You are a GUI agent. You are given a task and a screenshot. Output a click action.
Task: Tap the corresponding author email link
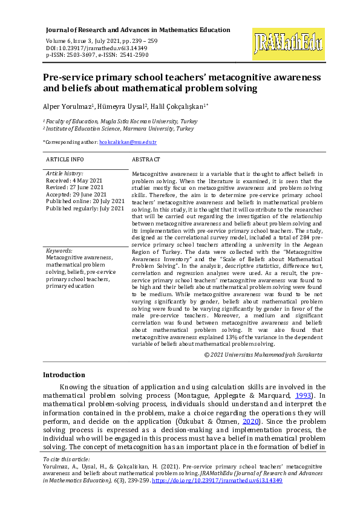pyautogui.click(x=128, y=142)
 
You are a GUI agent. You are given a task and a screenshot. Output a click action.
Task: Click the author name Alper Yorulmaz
pyautogui.click(x=67, y=106)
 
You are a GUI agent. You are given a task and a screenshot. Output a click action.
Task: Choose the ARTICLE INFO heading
pyautogui.click(x=65, y=160)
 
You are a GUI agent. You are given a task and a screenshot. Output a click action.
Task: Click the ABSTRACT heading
pyautogui.click(x=146, y=160)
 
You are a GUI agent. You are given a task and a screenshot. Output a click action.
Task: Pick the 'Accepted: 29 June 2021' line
pyautogui.click(x=77, y=194)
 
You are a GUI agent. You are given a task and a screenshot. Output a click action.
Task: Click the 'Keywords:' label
pyautogui.click(x=59, y=250)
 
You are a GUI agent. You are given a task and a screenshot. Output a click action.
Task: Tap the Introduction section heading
pyautogui.click(x=64, y=375)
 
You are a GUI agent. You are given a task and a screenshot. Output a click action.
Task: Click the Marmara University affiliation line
pyautogui.click(x=119, y=129)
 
